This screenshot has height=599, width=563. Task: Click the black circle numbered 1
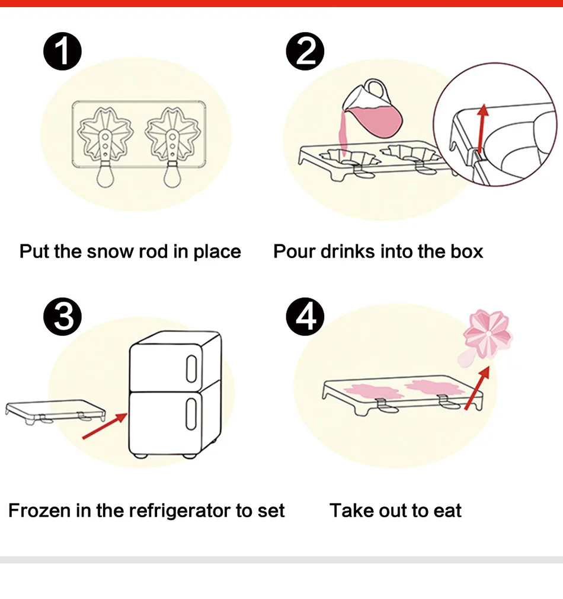pyautogui.click(x=63, y=53)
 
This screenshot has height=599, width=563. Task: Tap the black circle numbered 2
pyautogui.click(x=305, y=53)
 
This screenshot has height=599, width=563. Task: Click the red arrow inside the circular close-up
pyautogui.click(x=482, y=128)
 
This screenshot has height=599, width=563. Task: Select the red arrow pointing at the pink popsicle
pyautogui.click(x=477, y=388)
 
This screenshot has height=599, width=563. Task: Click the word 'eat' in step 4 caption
pyautogui.click(x=447, y=511)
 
